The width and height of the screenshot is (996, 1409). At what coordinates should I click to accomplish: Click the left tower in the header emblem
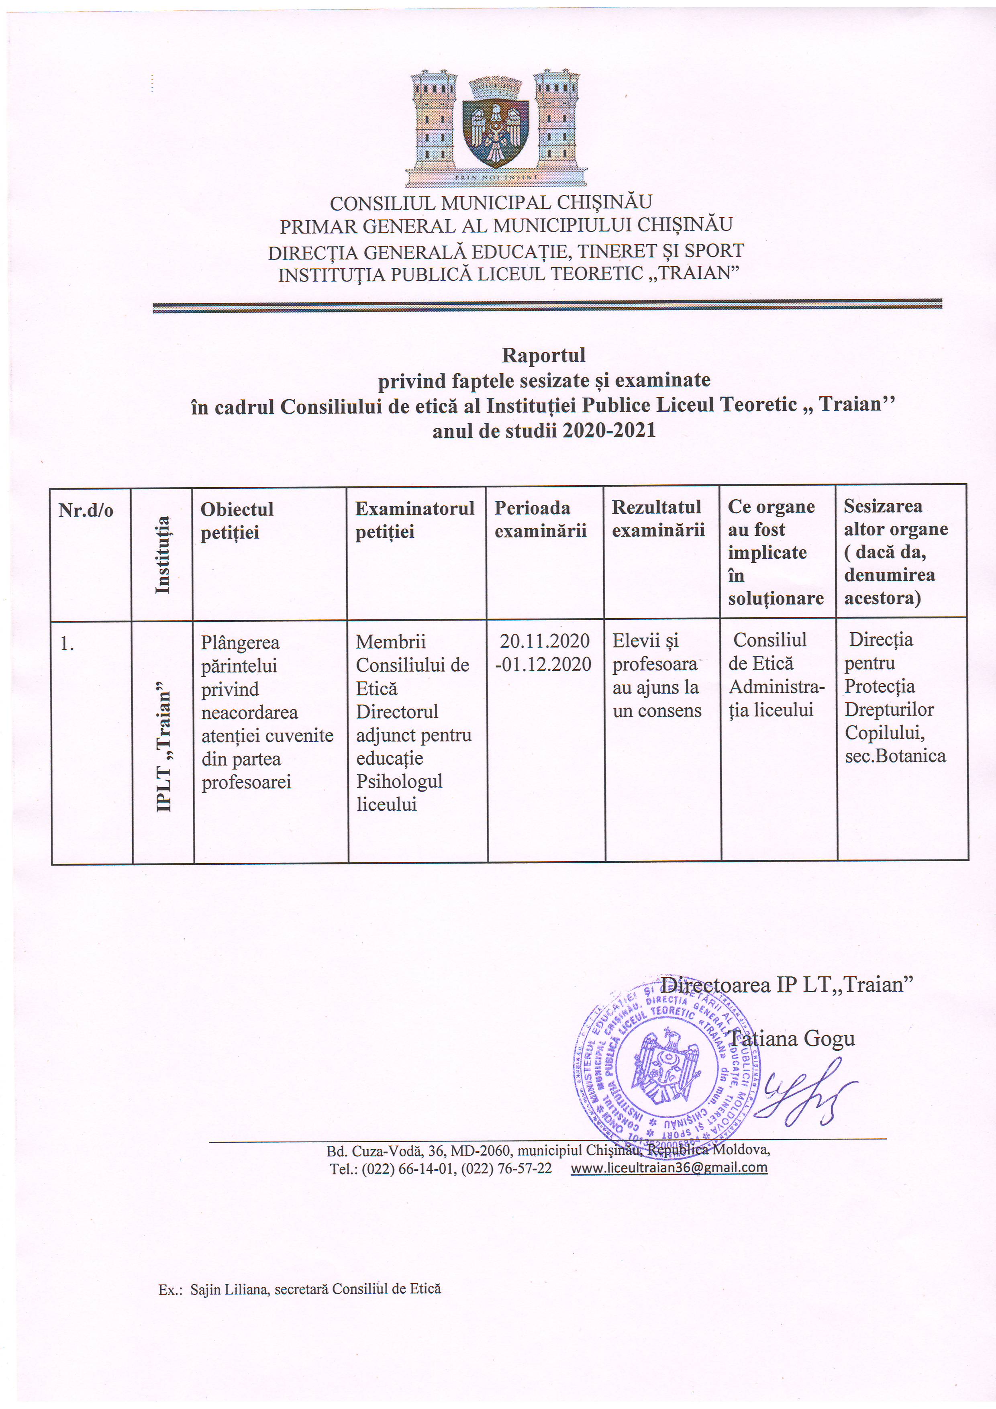tap(434, 120)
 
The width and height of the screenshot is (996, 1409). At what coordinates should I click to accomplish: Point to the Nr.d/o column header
tap(86, 511)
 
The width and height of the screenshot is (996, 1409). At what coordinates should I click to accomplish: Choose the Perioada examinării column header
tap(540, 519)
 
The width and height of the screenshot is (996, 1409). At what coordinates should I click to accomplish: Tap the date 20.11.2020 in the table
tap(544, 641)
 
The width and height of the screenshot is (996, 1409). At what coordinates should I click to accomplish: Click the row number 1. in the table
tap(67, 644)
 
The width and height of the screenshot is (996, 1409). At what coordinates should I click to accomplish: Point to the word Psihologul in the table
tap(400, 781)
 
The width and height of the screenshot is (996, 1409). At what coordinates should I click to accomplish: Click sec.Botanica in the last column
tap(895, 756)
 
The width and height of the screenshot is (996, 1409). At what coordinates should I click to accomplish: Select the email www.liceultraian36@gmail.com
tap(669, 1167)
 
